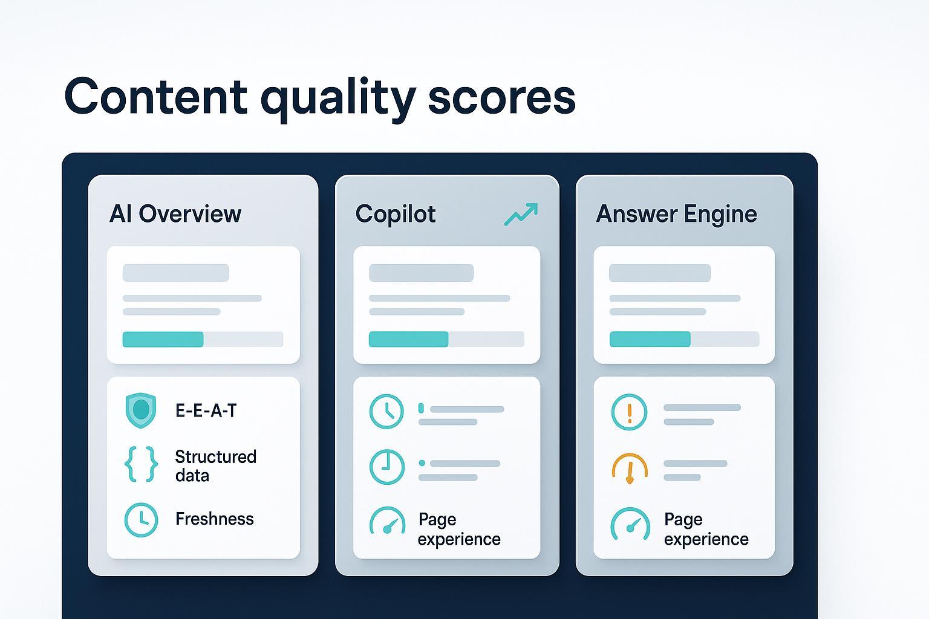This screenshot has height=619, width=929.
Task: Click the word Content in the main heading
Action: pyautogui.click(x=156, y=96)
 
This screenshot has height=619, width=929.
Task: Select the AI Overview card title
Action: pyautogui.click(x=175, y=214)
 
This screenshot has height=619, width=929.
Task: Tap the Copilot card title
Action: pyautogui.click(x=395, y=215)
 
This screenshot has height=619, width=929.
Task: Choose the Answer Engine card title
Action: pyautogui.click(x=676, y=215)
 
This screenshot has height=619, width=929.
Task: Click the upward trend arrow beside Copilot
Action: pyautogui.click(x=521, y=214)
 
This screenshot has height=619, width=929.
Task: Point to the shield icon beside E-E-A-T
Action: pyautogui.click(x=140, y=410)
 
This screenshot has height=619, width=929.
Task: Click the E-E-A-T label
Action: pyautogui.click(x=206, y=410)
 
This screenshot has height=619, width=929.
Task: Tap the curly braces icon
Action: pyautogui.click(x=141, y=464)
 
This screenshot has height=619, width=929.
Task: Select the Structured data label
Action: pyautogui.click(x=216, y=465)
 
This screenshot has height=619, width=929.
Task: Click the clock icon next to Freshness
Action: pyautogui.click(x=141, y=520)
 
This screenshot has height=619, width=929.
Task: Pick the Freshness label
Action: pyautogui.click(x=215, y=519)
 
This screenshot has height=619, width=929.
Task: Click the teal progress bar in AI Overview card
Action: pyautogui.click(x=163, y=339)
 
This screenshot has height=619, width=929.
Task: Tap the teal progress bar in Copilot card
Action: pyautogui.click(x=408, y=339)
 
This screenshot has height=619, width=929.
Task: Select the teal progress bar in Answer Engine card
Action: pyautogui.click(x=650, y=339)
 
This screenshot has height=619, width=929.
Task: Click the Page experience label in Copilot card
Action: pyautogui.click(x=459, y=529)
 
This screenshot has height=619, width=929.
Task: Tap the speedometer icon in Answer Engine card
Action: pyautogui.click(x=630, y=523)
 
